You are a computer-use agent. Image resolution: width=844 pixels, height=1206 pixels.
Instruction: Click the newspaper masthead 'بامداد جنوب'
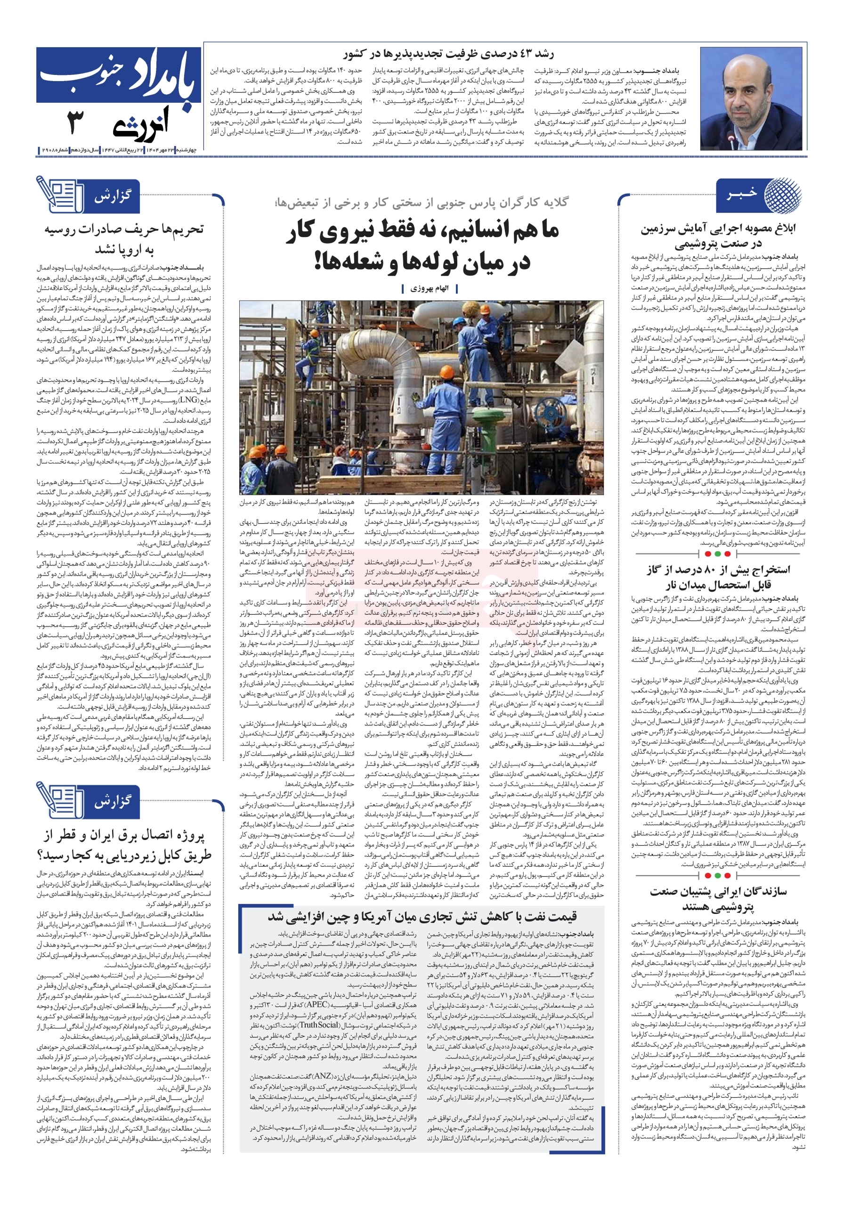point(119,76)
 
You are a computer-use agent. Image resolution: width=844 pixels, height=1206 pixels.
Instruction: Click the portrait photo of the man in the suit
point(752,99)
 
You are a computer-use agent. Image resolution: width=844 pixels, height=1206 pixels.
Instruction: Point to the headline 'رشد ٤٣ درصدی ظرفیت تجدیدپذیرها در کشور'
point(448,55)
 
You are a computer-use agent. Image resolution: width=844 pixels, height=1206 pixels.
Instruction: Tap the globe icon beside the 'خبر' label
point(781,196)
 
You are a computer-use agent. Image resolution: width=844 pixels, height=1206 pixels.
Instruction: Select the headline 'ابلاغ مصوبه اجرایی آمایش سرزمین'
point(717,228)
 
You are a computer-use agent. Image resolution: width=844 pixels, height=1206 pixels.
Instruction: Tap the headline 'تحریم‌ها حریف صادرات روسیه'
point(124,229)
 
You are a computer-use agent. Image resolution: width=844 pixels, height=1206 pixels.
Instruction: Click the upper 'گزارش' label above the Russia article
point(112,197)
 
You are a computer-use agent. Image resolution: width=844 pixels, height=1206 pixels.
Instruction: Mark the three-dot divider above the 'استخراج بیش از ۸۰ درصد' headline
point(717,554)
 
